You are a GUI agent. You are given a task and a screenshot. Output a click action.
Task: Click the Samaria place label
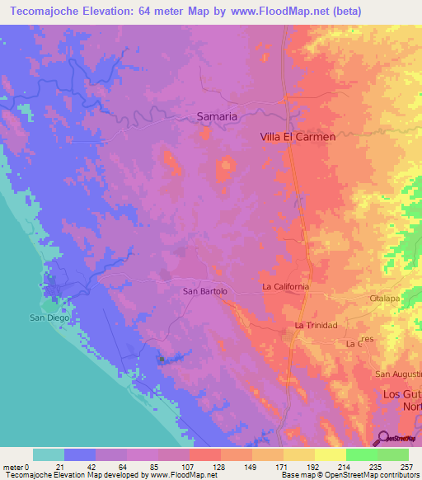point(218,117)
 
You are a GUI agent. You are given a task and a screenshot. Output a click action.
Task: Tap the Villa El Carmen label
point(298,138)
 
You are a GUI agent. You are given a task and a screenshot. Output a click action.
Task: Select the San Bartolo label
point(204,291)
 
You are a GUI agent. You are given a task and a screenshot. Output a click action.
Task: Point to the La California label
point(286,286)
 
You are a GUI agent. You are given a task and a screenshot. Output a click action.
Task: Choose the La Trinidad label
point(316,326)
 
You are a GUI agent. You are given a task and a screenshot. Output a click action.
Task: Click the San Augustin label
point(399,374)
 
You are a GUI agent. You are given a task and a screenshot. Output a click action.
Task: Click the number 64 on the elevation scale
point(127,467)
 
